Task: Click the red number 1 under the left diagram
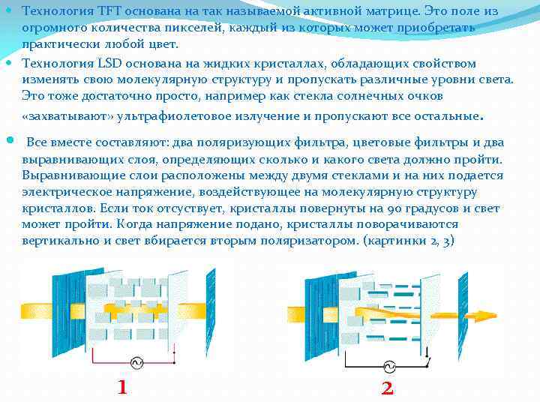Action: [121, 387]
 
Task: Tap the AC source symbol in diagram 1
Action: [137, 363]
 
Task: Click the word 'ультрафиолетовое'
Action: [161, 116]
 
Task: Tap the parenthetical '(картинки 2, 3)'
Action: [408, 241]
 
